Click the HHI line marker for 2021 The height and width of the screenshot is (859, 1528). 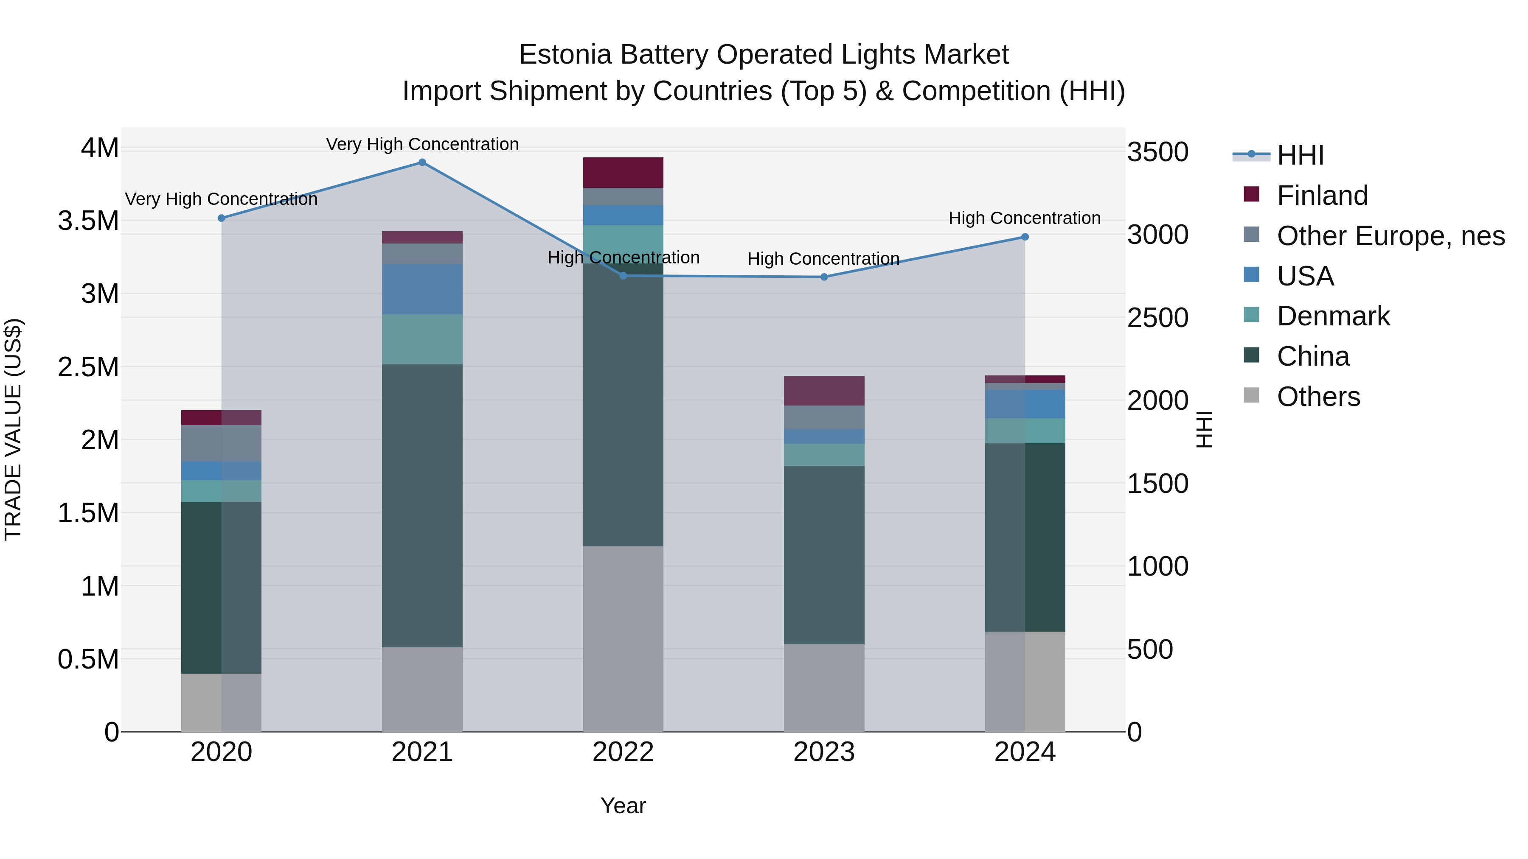[422, 162]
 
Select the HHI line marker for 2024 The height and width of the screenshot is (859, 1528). [1025, 237]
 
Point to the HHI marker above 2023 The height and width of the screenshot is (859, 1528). [824, 277]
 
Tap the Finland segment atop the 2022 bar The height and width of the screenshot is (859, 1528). [623, 173]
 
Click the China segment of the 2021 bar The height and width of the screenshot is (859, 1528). [422, 505]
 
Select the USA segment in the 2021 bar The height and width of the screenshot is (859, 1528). [422, 289]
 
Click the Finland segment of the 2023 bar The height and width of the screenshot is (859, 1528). [824, 391]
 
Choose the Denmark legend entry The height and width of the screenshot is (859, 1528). [1332, 316]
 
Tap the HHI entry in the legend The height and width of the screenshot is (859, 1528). [1300, 155]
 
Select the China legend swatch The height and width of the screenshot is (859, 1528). [1252, 356]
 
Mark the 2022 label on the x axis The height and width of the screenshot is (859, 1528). [623, 752]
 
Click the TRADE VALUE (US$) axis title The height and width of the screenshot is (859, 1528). [13, 429]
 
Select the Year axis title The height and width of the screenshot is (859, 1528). [623, 806]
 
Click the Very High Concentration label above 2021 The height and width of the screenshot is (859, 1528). [422, 144]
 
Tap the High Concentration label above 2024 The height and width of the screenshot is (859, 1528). [1025, 218]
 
